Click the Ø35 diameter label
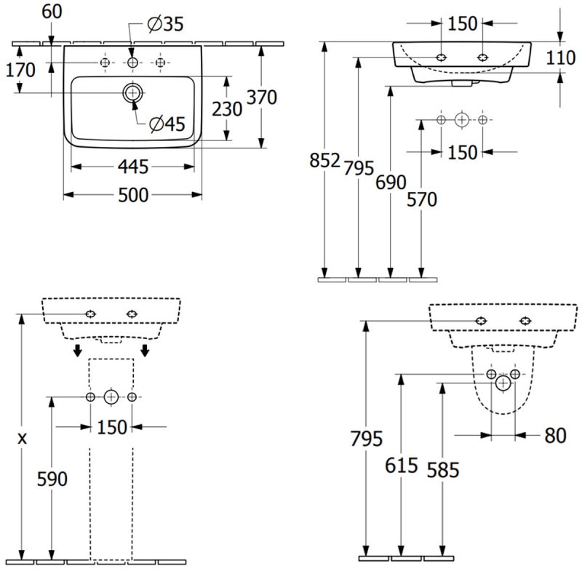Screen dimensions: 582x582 point(165,25)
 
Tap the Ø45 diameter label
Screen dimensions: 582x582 point(167,124)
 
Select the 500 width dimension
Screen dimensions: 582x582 point(133,195)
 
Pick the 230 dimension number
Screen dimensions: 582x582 point(227,110)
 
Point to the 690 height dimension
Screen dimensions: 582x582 point(391,183)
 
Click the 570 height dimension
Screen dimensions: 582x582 point(422,199)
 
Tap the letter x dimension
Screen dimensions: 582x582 point(23,439)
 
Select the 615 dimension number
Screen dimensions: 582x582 point(402,466)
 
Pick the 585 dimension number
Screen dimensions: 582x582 point(443,471)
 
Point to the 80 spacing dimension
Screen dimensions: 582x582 point(554,436)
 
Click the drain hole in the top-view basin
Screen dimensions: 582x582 point(132,92)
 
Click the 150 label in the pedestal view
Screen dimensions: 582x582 point(111,427)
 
